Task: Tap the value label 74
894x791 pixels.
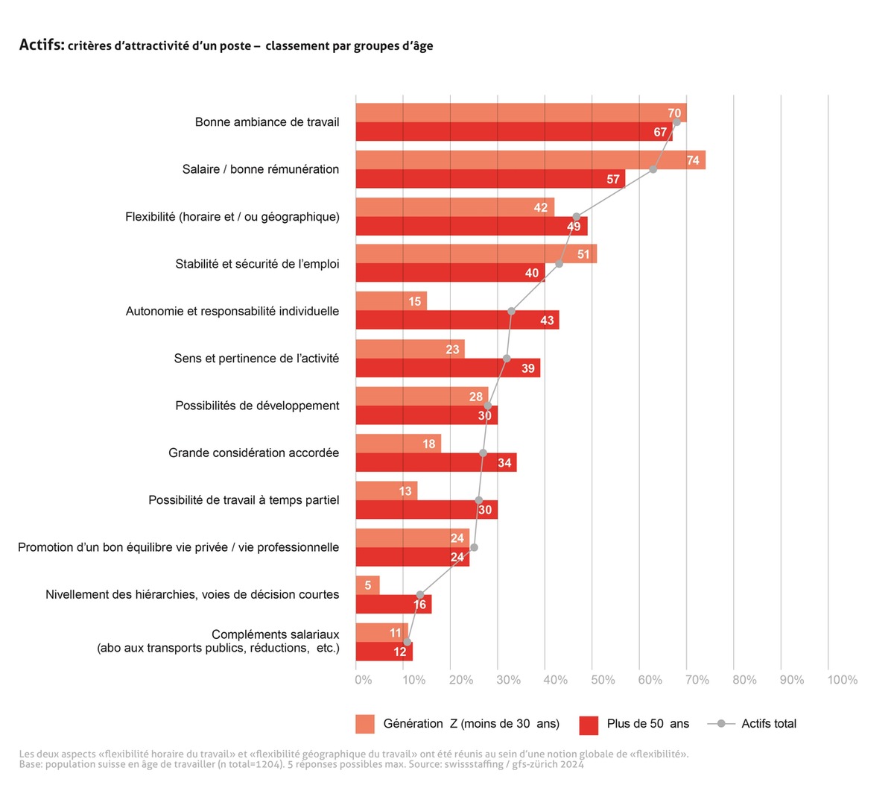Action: coord(693,160)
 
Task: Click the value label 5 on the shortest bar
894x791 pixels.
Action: coord(368,585)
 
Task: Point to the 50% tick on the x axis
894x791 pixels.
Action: coord(603,680)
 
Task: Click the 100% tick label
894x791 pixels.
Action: coord(842,680)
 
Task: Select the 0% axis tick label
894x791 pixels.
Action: coord(363,680)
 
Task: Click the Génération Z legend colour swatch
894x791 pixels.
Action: coord(365,724)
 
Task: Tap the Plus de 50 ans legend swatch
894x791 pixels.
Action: coord(589,724)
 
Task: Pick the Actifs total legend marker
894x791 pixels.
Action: coord(720,724)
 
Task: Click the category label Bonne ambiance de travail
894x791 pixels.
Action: coord(267,122)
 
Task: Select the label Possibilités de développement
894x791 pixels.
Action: coord(257,406)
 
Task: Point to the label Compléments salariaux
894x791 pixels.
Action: coord(275,634)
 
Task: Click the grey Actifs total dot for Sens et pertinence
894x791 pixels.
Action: coord(507,359)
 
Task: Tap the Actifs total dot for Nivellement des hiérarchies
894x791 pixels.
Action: coord(420,595)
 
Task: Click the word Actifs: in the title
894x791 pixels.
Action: coord(41,45)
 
